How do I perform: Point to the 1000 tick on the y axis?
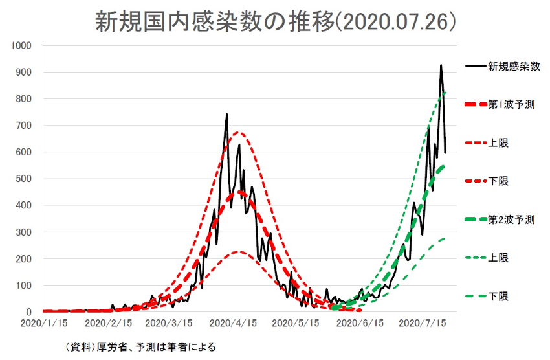(x=21, y=45)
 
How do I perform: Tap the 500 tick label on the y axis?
(x=24, y=179)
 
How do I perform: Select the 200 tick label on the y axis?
(x=24, y=258)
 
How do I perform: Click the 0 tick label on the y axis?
(x=29, y=312)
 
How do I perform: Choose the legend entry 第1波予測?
(x=511, y=104)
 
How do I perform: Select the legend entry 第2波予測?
(x=511, y=219)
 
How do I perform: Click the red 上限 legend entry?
(x=498, y=142)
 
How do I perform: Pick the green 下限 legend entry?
(x=498, y=296)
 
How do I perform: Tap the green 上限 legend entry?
(x=498, y=258)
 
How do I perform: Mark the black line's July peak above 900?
(x=441, y=65)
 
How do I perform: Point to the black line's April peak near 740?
(x=226, y=115)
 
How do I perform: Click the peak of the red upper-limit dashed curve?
(x=238, y=133)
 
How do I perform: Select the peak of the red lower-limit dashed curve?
(x=238, y=252)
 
